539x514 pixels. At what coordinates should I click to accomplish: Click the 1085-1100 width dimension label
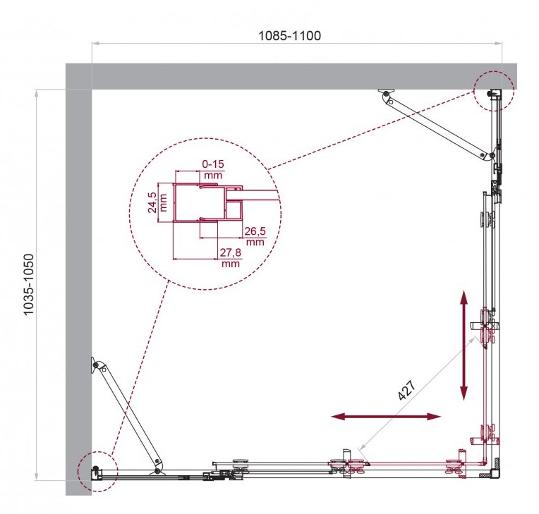289,35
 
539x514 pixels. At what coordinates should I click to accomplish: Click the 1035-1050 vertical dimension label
28,284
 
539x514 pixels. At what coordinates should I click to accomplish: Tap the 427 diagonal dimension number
407,391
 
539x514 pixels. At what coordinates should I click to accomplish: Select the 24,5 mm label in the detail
157,202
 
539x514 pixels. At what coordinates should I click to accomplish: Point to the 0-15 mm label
213,169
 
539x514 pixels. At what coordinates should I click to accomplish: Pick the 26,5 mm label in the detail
255,236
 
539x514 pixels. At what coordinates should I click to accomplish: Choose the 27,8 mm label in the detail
231,257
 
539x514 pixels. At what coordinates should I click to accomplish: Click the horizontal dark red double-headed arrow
385,417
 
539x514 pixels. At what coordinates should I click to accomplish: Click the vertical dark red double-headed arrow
464,345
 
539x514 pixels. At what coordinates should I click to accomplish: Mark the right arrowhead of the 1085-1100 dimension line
498,43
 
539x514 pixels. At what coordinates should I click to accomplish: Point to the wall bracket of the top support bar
384,92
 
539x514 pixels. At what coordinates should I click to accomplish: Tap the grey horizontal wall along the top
291,76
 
